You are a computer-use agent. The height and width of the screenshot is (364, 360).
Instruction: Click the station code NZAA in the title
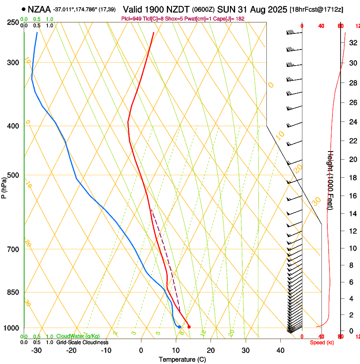click(39, 8)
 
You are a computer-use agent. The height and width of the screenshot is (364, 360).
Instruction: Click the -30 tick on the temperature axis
click(36, 350)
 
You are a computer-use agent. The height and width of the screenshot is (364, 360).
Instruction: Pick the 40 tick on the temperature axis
click(280, 350)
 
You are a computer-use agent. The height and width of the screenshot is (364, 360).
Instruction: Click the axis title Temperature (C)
click(182, 359)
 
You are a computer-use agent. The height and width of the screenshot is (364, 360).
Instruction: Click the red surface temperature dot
click(189, 327)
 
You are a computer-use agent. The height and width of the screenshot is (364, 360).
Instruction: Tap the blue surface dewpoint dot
click(180, 327)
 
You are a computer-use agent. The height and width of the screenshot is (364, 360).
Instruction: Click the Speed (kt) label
click(322, 342)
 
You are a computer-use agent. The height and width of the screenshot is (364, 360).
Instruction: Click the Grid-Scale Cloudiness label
click(82, 342)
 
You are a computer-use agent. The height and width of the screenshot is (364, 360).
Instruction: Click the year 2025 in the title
click(275, 8)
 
